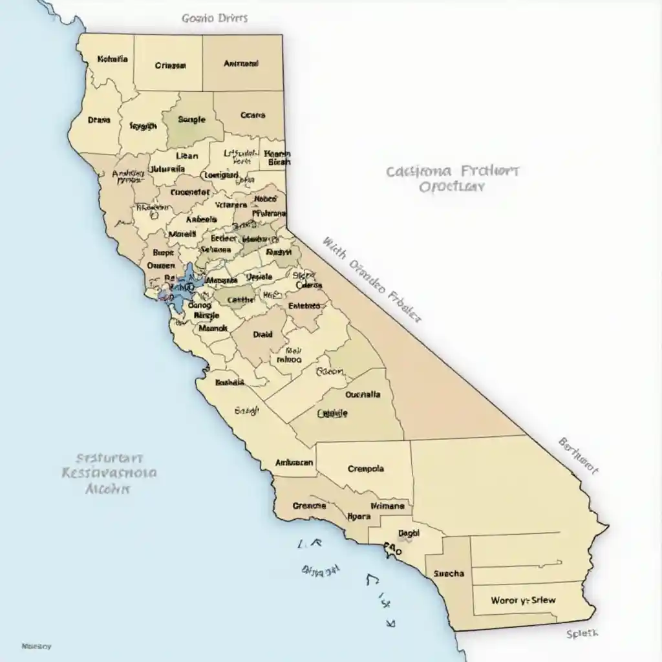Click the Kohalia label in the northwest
[x=112, y=59]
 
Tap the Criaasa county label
[x=171, y=65]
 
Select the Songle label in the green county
[x=191, y=120]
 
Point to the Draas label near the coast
[x=99, y=120]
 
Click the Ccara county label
[x=253, y=116]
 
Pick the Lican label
[x=187, y=156]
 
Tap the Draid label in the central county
[x=262, y=335]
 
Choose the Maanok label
[x=213, y=328]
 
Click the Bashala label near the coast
[x=230, y=382]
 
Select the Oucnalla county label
[x=363, y=394]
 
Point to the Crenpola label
[x=365, y=469]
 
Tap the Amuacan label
[x=294, y=463]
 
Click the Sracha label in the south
[x=449, y=573]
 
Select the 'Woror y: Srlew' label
[x=523, y=600]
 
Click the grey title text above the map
[x=215, y=18]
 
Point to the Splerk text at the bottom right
[x=582, y=634]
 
